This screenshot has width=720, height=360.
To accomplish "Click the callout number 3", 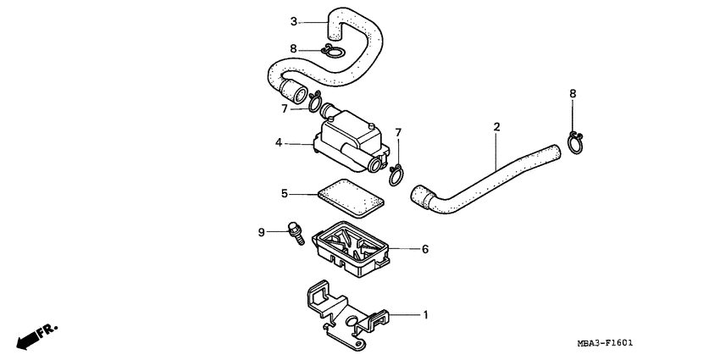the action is point(294,21).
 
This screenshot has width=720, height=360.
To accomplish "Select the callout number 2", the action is point(496,127).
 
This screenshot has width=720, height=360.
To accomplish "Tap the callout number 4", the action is point(279,143).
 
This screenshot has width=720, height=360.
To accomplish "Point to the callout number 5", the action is point(285,194).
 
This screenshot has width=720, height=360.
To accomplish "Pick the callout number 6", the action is point(425,249).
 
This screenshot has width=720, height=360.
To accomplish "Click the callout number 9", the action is point(261,233).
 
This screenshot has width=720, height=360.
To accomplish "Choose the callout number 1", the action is point(426,315).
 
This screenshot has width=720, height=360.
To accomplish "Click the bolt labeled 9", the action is point(296,234).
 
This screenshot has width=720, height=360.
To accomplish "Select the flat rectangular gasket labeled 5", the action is point(351,198).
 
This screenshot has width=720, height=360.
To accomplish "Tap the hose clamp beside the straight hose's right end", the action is point(575,143).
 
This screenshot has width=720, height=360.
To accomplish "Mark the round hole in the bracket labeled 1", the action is point(353,321).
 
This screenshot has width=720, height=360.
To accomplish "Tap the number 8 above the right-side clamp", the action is point(573,94).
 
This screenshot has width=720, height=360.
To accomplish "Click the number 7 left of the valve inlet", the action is point(285,109).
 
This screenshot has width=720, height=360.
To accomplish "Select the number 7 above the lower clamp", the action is point(398,133).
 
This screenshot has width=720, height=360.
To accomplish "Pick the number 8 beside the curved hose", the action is point(293,48).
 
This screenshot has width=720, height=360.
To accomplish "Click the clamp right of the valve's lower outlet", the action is point(396,175).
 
